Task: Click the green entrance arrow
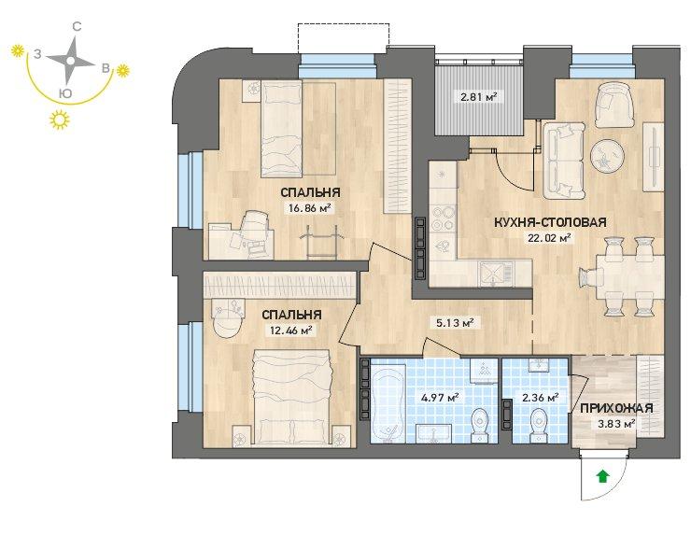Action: (x=602, y=476)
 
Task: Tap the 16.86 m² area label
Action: (x=309, y=207)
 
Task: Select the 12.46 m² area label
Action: (x=290, y=330)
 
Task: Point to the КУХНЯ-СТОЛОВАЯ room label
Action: (x=550, y=222)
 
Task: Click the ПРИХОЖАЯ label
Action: (x=616, y=408)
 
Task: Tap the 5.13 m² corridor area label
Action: (x=455, y=322)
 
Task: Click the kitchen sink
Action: (x=496, y=273)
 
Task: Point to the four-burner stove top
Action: (x=443, y=218)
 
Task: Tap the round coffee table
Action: (x=606, y=155)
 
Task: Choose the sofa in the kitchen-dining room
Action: (x=564, y=161)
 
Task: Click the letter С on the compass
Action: (x=77, y=27)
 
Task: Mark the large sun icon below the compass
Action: (x=60, y=120)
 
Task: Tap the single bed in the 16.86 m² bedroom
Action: (x=281, y=128)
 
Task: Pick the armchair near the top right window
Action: (x=613, y=105)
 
